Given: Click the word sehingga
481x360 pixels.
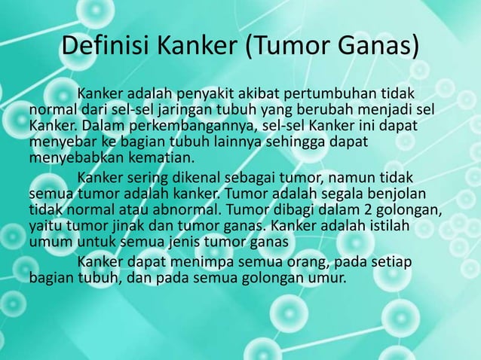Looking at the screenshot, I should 293,142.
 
